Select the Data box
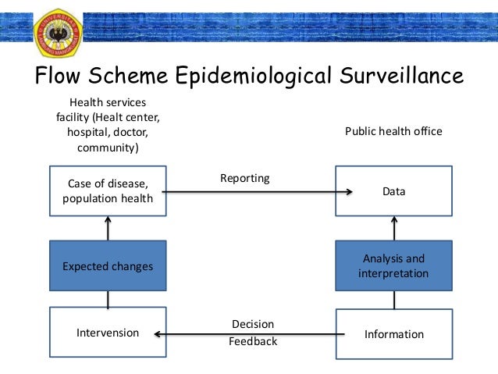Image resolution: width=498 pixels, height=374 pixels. click(x=393, y=191)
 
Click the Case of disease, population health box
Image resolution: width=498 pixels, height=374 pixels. click(x=108, y=191)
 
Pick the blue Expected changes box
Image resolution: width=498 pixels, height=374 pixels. click(x=108, y=266)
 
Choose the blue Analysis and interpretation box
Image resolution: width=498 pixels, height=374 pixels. click(x=393, y=266)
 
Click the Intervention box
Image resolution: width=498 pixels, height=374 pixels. click(x=108, y=333)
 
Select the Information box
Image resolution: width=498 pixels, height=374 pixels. click(x=393, y=334)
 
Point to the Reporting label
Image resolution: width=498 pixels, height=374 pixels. click(x=244, y=178)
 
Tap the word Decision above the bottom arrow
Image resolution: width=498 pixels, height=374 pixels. click(x=253, y=323)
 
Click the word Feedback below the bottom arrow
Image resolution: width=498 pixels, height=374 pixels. click(x=253, y=341)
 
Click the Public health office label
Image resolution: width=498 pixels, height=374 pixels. click(x=393, y=131)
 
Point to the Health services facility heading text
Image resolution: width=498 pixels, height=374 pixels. click(x=108, y=125)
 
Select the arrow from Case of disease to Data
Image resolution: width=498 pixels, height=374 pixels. click(x=258, y=191)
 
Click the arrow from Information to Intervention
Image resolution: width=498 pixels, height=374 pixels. click(x=250, y=333)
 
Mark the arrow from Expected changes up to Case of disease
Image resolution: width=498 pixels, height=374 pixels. click(x=108, y=228)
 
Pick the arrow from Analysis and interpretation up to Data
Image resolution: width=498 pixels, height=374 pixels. click(x=394, y=228)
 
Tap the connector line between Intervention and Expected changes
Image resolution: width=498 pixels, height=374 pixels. click(x=108, y=299)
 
